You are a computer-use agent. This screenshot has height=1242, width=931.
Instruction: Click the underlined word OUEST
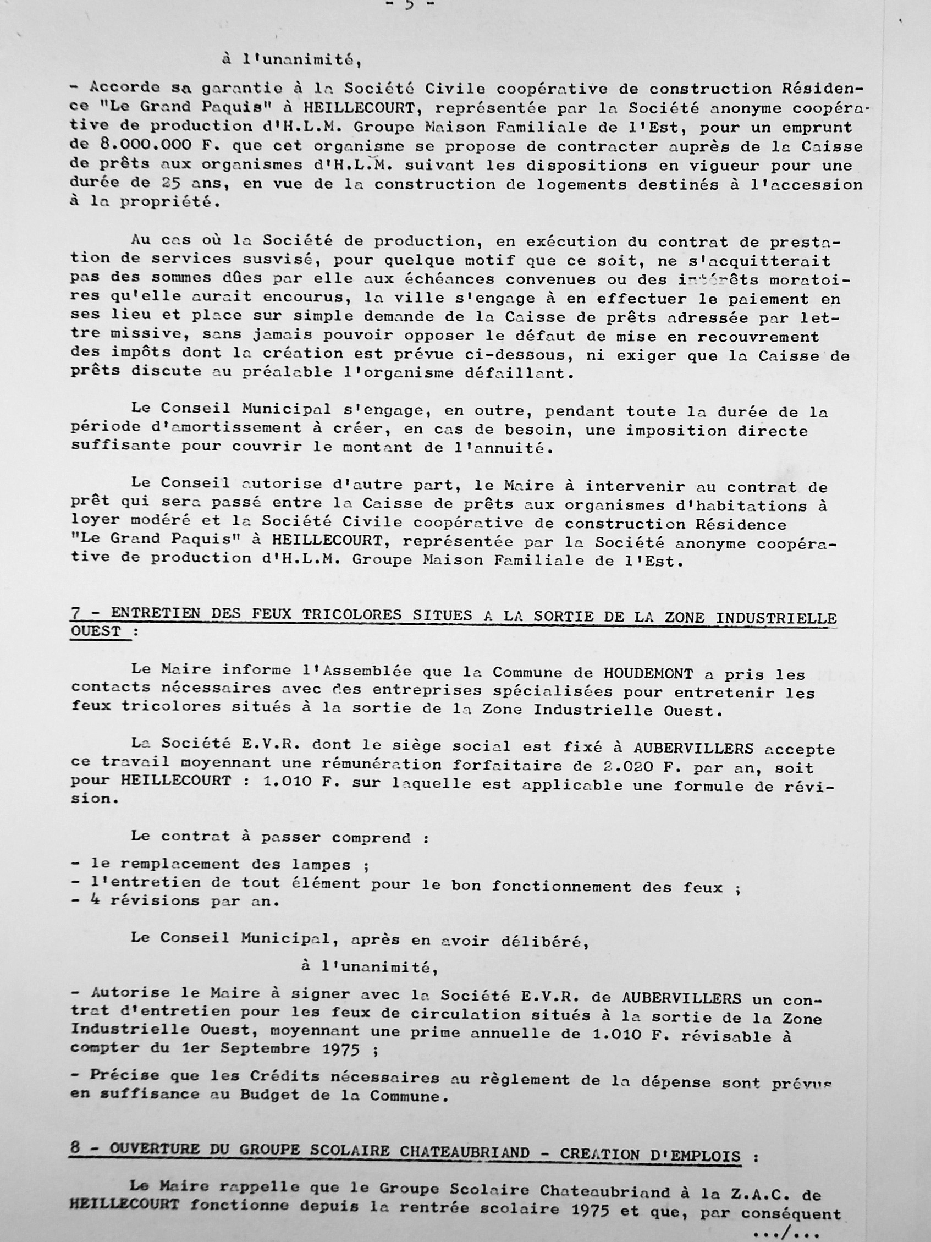coord(96,630)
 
